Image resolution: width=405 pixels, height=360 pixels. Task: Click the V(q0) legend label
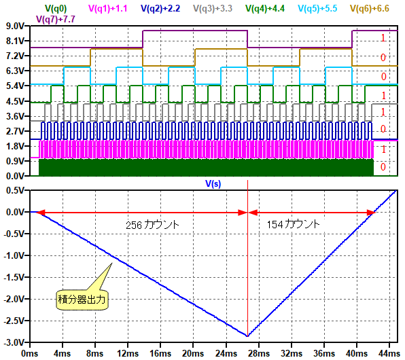click(x=56, y=9)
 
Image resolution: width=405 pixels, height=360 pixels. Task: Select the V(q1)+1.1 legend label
click(x=108, y=9)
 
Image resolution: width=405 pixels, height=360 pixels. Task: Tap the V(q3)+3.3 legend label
click(x=213, y=9)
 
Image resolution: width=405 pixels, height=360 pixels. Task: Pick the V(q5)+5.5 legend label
click(x=317, y=9)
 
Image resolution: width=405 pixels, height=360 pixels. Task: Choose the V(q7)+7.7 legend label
click(x=56, y=19)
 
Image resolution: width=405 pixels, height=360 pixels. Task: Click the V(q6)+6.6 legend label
click(x=370, y=9)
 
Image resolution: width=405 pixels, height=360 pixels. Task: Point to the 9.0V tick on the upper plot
click(x=15, y=26)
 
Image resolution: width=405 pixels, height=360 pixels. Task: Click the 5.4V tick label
click(x=15, y=86)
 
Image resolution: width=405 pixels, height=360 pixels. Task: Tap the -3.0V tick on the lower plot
click(x=14, y=343)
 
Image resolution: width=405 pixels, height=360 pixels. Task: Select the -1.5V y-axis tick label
click(x=14, y=277)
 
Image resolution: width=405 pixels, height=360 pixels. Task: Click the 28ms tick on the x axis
click(x=259, y=353)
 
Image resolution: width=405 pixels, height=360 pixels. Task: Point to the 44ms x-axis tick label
click(x=389, y=353)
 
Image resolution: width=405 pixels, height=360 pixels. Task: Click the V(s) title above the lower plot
click(x=213, y=183)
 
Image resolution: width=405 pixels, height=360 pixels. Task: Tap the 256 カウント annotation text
click(x=152, y=225)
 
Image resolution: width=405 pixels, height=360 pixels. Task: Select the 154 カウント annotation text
click(x=293, y=224)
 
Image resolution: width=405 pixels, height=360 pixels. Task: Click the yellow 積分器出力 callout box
click(x=82, y=300)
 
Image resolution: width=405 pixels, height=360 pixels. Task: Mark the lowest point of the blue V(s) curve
click(x=247, y=336)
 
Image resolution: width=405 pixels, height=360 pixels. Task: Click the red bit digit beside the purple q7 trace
click(x=383, y=38)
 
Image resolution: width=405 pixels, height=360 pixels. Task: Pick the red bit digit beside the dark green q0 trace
click(x=383, y=167)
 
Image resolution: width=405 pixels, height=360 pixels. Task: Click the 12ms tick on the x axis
click(x=128, y=353)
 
